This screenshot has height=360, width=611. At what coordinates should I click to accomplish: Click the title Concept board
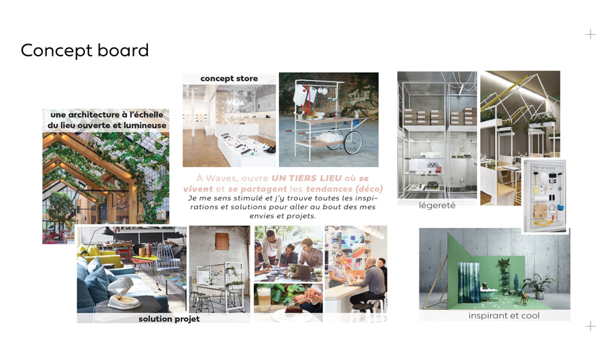point(85,51)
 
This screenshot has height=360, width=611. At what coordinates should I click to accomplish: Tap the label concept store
point(229,78)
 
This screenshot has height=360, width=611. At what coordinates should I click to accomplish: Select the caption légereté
point(437,205)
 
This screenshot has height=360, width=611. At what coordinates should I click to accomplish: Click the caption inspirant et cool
point(504,316)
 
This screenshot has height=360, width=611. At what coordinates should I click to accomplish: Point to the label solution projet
point(169,319)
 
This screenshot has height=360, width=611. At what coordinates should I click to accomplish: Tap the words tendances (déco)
point(344,189)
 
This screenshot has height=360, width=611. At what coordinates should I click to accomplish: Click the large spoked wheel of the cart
point(353,143)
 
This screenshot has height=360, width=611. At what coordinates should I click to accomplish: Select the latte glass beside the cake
point(264,299)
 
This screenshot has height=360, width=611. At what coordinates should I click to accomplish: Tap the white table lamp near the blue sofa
point(122,293)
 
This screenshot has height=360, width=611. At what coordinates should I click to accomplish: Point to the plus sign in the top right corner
point(591,35)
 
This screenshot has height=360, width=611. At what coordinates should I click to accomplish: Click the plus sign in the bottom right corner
point(591,325)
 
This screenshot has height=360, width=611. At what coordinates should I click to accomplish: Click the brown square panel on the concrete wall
point(222,241)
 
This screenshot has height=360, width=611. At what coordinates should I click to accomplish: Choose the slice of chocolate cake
point(293,310)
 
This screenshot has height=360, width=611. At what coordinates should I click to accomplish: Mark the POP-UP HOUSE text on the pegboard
point(544,168)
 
